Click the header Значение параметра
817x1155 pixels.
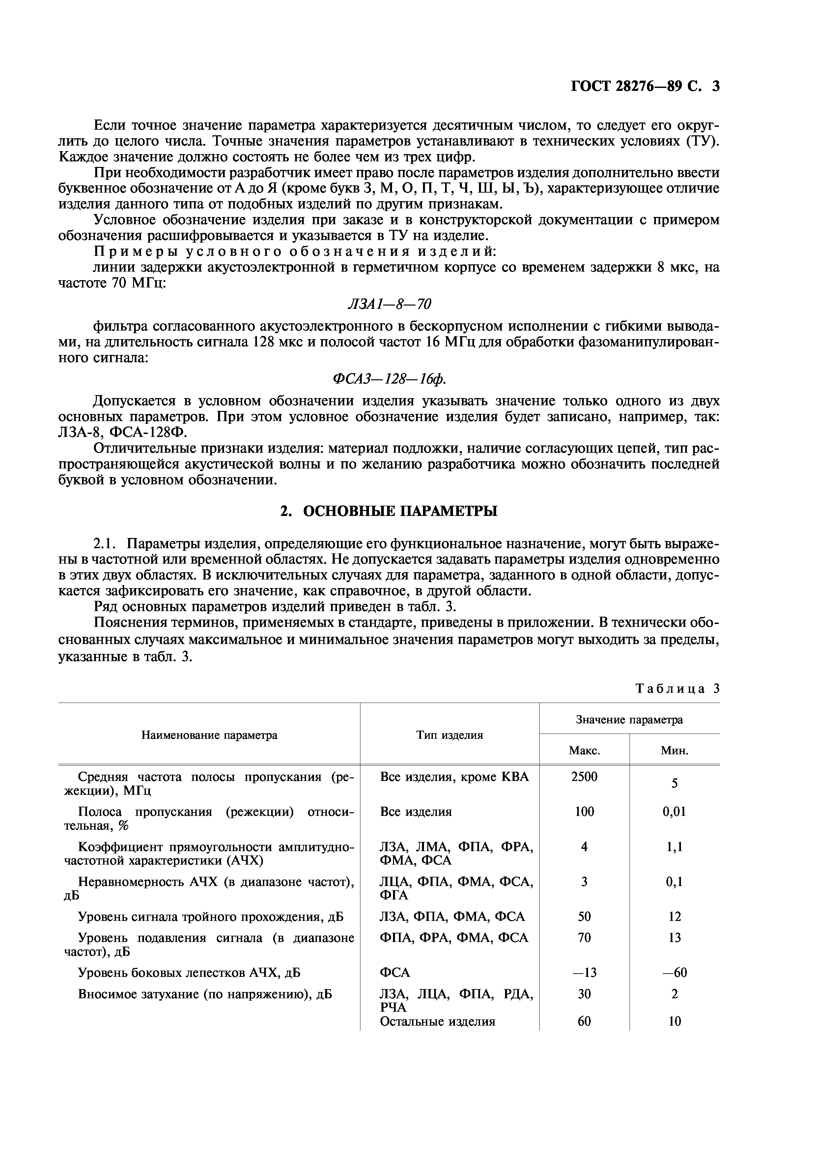pos(629,720)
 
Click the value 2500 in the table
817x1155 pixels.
pos(584,777)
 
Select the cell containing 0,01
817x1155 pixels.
pos(675,811)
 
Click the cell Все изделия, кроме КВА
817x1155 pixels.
pos(455,777)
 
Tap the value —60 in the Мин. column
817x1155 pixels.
pos(675,972)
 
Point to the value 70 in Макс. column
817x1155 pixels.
pos(584,938)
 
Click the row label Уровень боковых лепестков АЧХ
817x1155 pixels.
pos(189,972)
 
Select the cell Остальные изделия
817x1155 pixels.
pos(437,1021)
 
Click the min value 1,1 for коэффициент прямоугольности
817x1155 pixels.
pos(675,846)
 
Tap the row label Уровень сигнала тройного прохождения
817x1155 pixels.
pos(211,917)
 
